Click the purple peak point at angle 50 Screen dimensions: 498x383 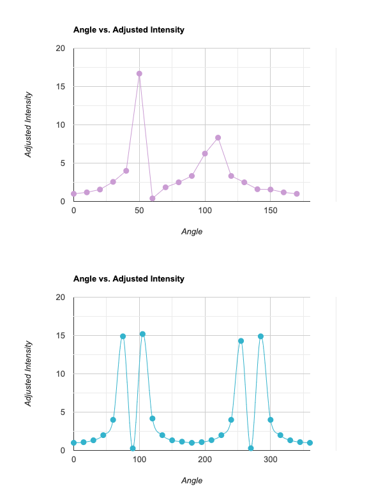[x=139, y=73]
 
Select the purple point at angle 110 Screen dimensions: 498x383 [x=218, y=137]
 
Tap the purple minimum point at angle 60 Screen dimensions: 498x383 [x=153, y=199]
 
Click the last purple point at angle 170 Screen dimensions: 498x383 [x=297, y=193]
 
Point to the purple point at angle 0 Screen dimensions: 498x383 [x=73, y=193]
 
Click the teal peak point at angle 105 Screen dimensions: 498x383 [x=142, y=334]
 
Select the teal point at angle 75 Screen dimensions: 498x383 [x=123, y=336]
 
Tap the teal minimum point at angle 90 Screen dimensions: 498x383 [x=133, y=448]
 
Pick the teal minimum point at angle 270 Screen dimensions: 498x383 [x=251, y=448]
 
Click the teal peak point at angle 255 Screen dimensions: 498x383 [x=241, y=341]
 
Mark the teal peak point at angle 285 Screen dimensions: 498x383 [x=260, y=336]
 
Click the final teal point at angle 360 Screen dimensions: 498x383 [x=310, y=442]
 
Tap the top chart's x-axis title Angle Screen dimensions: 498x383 [x=191, y=231]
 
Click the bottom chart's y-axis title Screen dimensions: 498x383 [x=28, y=373]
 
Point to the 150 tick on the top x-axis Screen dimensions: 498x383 [x=271, y=211]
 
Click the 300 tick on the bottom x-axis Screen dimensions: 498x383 [x=271, y=460]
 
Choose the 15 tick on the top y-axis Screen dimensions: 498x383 [x=61, y=86]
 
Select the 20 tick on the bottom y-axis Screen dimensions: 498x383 [x=61, y=297]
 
